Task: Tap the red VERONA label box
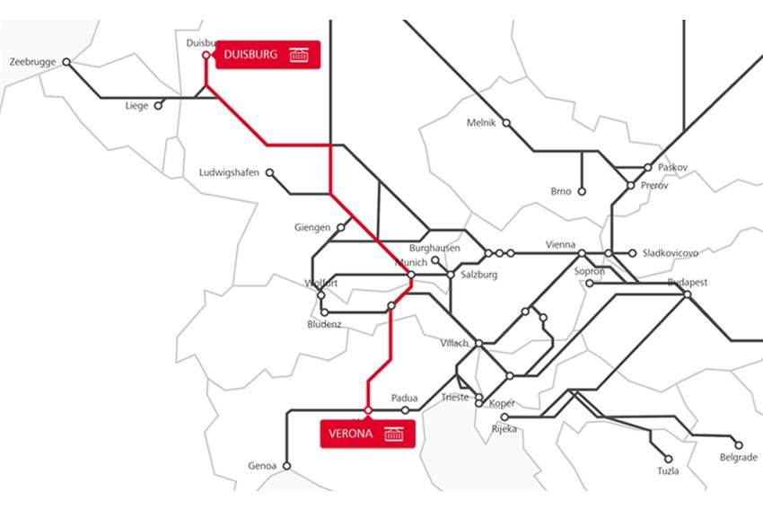click(368, 434)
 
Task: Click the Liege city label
click(136, 106)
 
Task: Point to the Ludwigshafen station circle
click(269, 173)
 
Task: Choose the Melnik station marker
click(505, 123)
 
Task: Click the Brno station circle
click(582, 191)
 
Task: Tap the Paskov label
click(672, 167)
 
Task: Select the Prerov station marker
click(631, 186)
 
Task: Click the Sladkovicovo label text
click(670, 253)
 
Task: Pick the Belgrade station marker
click(739, 444)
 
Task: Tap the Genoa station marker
click(287, 466)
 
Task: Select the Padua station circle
click(405, 410)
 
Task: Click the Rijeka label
click(504, 429)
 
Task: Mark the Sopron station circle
click(590, 284)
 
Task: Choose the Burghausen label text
click(434, 247)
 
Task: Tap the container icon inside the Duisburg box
click(300, 55)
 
